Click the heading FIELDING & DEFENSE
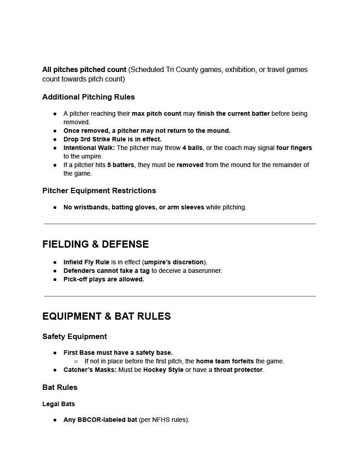click(x=95, y=244)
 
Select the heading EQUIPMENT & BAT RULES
click(x=107, y=316)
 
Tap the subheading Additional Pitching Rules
click(x=89, y=97)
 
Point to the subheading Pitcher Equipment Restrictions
click(x=99, y=190)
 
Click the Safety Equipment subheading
click(x=75, y=336)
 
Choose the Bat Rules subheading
click(x=60, y=387)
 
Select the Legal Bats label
click(x=58, y=404)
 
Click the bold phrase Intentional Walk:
click(x=89, y=148)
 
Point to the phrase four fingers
click(x=294, y=148)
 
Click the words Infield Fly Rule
click(x=86, y=262)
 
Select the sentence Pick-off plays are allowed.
click(x=104, y=279)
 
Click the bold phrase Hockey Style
click(x=163, y=370)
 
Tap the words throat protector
click(x=238, y=370)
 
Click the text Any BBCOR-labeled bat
click(x=100, y=420)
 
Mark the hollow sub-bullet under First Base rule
click(x=76, y=361)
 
